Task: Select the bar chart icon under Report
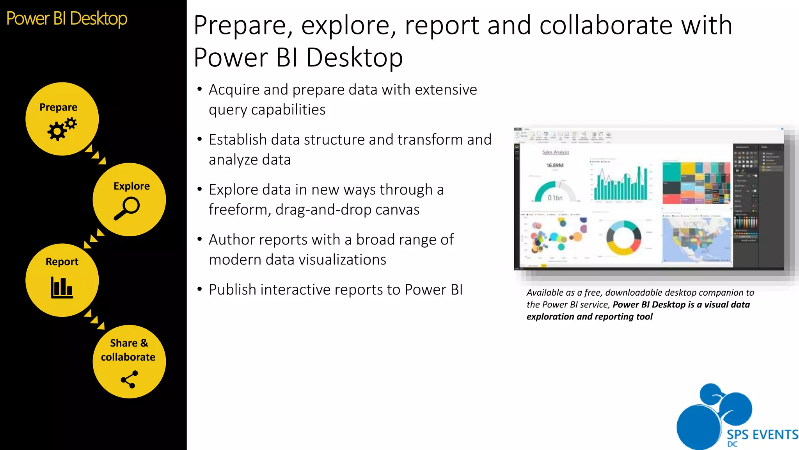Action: coord(62,287)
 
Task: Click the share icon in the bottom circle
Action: coord(129,379)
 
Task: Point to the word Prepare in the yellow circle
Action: coord(58,107)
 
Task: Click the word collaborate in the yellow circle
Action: coord(128,357)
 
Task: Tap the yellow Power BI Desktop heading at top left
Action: coord(67,18)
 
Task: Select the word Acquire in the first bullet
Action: coord(234,90)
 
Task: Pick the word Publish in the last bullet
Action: coord(233,290)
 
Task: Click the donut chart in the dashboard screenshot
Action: coord(623,237)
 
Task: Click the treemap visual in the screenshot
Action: coord(696,183)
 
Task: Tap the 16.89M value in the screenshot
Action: coord(555,165)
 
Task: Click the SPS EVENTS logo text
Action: coord(762,434)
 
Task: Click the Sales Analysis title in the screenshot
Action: coord(556,152)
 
